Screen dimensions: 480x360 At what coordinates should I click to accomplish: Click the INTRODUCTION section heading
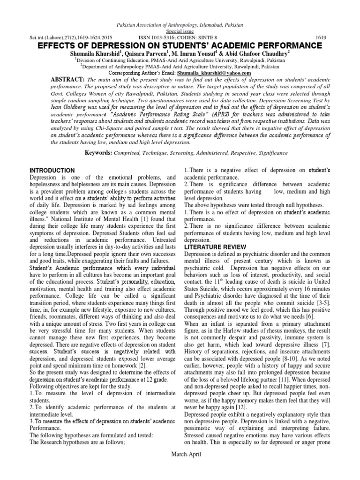pos(52,170)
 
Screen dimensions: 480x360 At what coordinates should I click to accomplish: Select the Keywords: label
pos(101,152)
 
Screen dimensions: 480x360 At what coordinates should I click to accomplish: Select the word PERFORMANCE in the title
pos(289,45)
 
